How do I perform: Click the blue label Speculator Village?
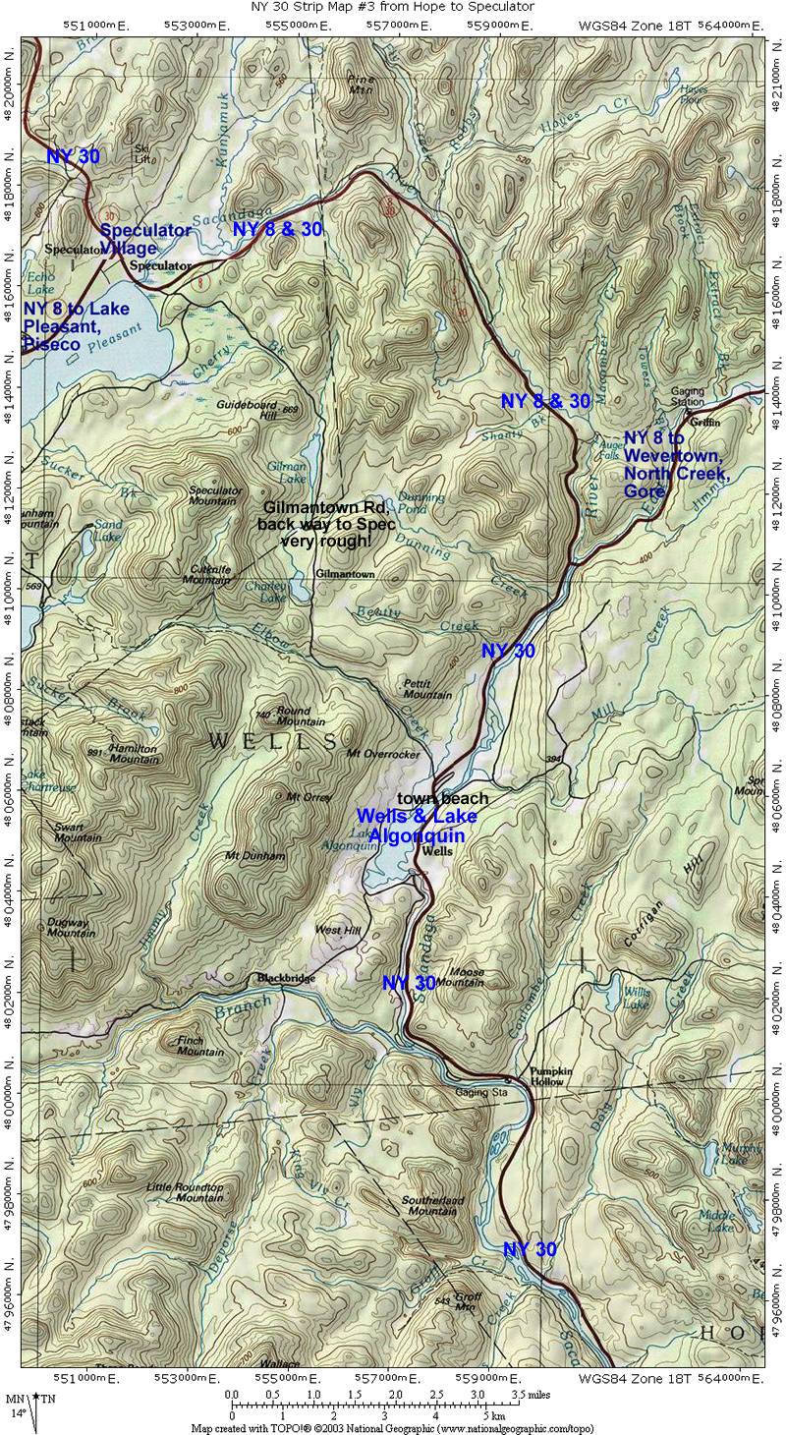(145, 238)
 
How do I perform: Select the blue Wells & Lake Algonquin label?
(417, 825)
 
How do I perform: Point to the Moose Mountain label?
(459, 976)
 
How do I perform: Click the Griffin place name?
(704, 422)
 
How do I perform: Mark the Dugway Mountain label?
(72, 927)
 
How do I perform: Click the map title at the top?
(392, 7)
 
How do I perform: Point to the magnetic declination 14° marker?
(19, 1412)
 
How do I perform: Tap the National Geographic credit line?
(392, 1428)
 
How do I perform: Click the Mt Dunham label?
(254, 855)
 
